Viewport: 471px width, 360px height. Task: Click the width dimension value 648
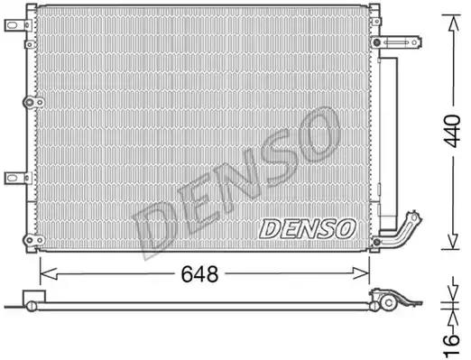[x=199, y=274]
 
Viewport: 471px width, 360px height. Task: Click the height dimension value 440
[x=453, y=131]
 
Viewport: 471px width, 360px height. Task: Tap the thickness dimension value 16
[x=452, y=344]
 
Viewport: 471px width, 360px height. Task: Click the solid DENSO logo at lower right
[x=307, y=228]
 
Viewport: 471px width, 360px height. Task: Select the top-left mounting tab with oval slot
[x=18, y=25]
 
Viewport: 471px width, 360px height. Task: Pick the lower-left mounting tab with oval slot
[x=18, y=178]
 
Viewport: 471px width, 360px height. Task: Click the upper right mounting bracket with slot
[x=396, y=42]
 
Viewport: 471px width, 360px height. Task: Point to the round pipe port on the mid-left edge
[x=33, y=103]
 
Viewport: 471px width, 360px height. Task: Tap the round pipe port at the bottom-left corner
[x=33, y=240]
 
